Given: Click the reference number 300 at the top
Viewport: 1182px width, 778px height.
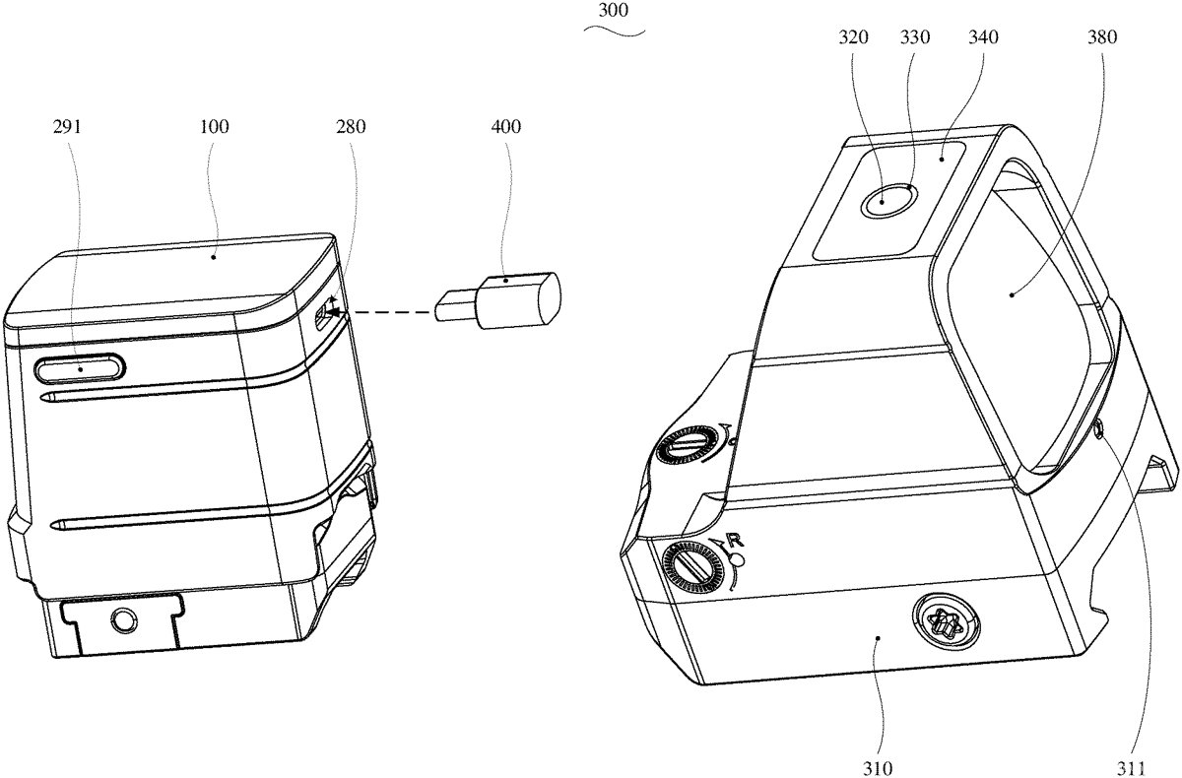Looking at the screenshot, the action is pos(613,11).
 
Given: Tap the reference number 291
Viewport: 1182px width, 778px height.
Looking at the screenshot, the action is pos(68,127).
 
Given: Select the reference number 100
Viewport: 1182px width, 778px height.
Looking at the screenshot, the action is pos(215,127).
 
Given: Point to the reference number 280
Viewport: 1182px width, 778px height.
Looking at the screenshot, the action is pos(351,127).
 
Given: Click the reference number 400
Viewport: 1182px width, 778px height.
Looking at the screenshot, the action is pos(506,127).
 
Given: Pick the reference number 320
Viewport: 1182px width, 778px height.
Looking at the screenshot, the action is pos(853,37).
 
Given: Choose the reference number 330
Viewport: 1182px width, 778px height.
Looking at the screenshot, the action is pos(915,37).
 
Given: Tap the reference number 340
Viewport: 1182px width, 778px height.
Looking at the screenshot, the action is pos(984,37).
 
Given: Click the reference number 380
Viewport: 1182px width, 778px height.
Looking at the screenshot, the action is pos(1102,37).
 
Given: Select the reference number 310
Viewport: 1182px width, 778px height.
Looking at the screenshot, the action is pos(878,768).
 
